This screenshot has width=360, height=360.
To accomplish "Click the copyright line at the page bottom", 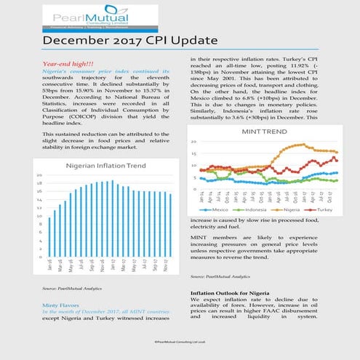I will (x=180, y=340).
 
